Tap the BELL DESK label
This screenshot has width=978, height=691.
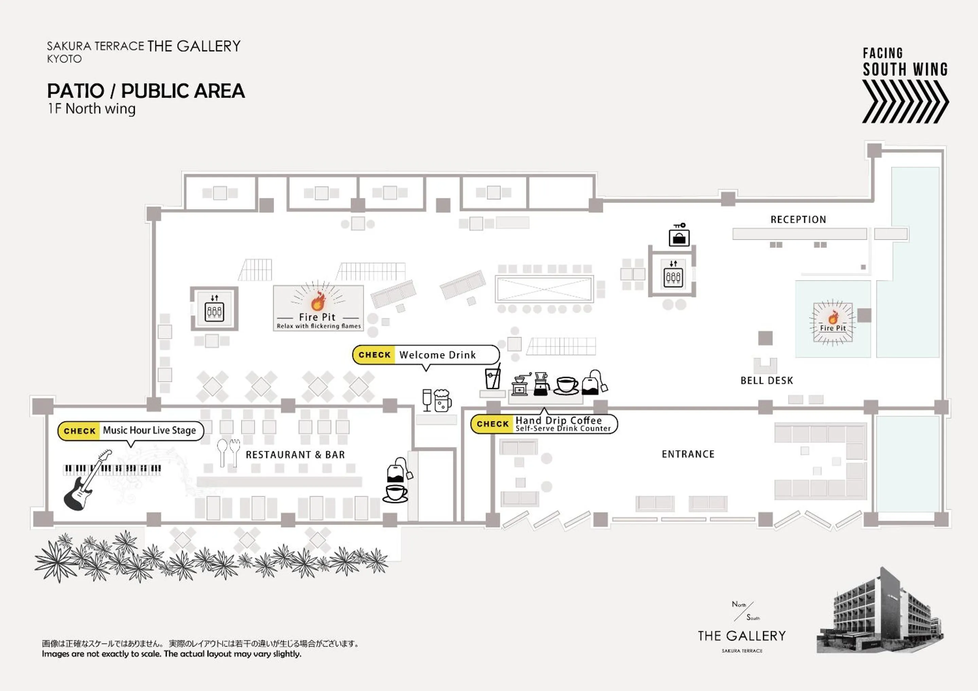click(766, 380)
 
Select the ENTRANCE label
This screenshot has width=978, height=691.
click(688, 454)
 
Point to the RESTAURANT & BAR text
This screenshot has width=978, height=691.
click(295, 455)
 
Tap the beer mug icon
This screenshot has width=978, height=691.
click(442, 400)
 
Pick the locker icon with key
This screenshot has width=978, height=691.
click(679, 236)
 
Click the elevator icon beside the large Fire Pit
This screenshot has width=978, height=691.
click(214, 308)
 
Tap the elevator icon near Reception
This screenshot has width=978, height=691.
click(673, 275)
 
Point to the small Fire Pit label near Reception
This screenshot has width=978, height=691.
click(833, 328)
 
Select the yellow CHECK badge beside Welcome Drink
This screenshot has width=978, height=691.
click(375, 355)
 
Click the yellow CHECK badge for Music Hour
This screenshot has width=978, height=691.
click(79, 431)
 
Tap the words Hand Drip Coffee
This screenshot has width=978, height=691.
click(558, 420)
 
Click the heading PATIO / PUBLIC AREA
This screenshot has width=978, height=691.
click(146, 91)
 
